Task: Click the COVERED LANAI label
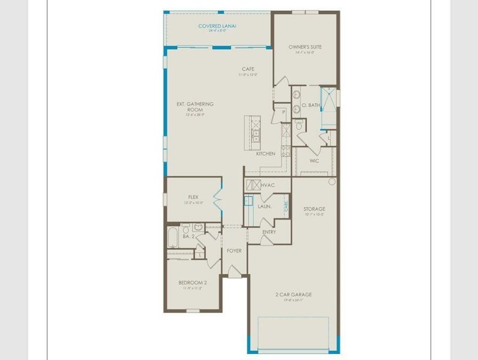pyautogui.click(x=217, y=26)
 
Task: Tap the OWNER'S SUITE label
pyautogui.click(x=305, y=46)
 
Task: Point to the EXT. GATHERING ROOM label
pyautogui.click(x=195, y=107)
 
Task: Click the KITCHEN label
pyautogui.click(x=265, y=154)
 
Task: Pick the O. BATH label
pyautogui.click(x=310, y=105)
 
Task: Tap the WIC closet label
pyautogui.click(x=314, y=161)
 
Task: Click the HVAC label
pyautogui.click(x=268, y=185)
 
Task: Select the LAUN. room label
pyautogui.click(x=265, y=206)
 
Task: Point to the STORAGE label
pyautogui.click(x=314, y=208)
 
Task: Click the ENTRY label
pyautogui.click(x=270, y=232)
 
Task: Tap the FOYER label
pyautogui.click(x=234, y=250)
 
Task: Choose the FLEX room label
pyautogui.click(x=193, y=197)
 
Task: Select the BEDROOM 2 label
pyautogui.click(x=192, y=283)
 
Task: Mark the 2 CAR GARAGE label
pyautogui.click(x=294, y=295)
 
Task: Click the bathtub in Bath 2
pyautogui.click(x=174, y=237)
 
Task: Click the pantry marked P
pyautogui.click(x=283, y=112)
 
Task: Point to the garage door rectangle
pyautogui.click(x=294, y=332)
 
